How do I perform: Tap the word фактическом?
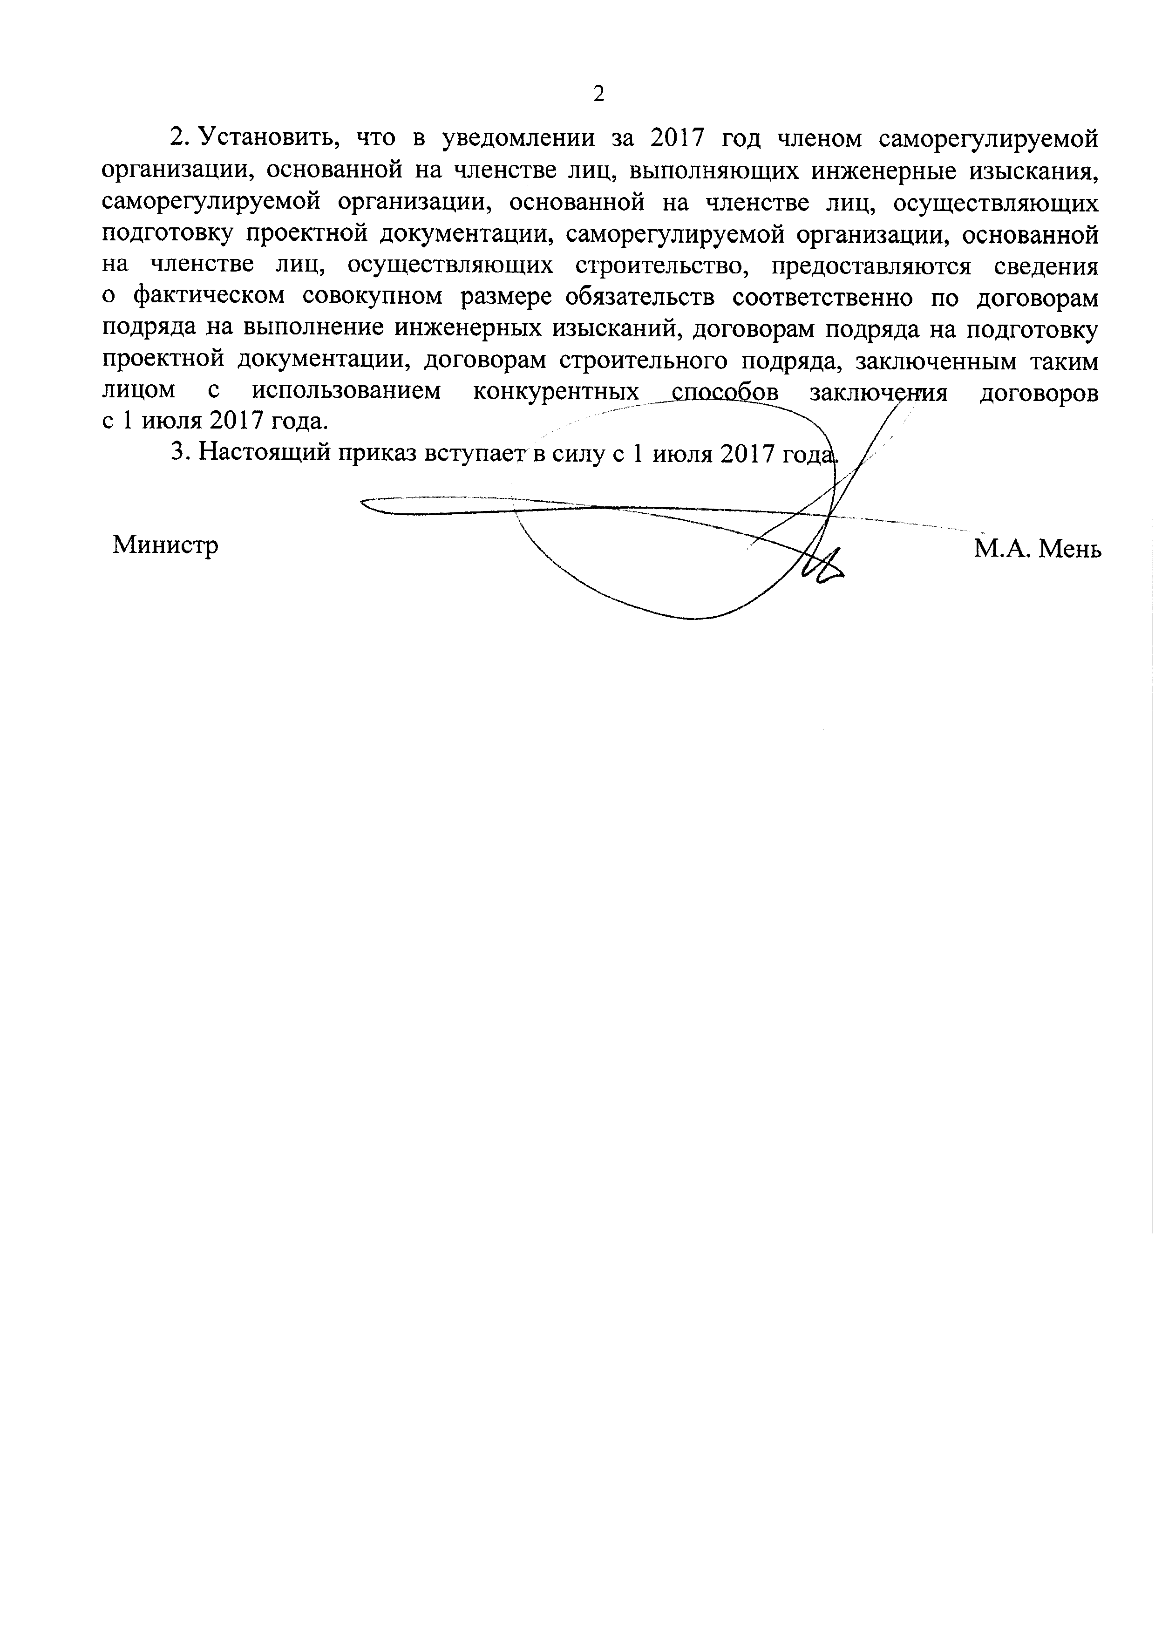pos(211,298)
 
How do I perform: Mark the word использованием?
pos(346,392)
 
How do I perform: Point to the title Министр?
pos(165,545)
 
